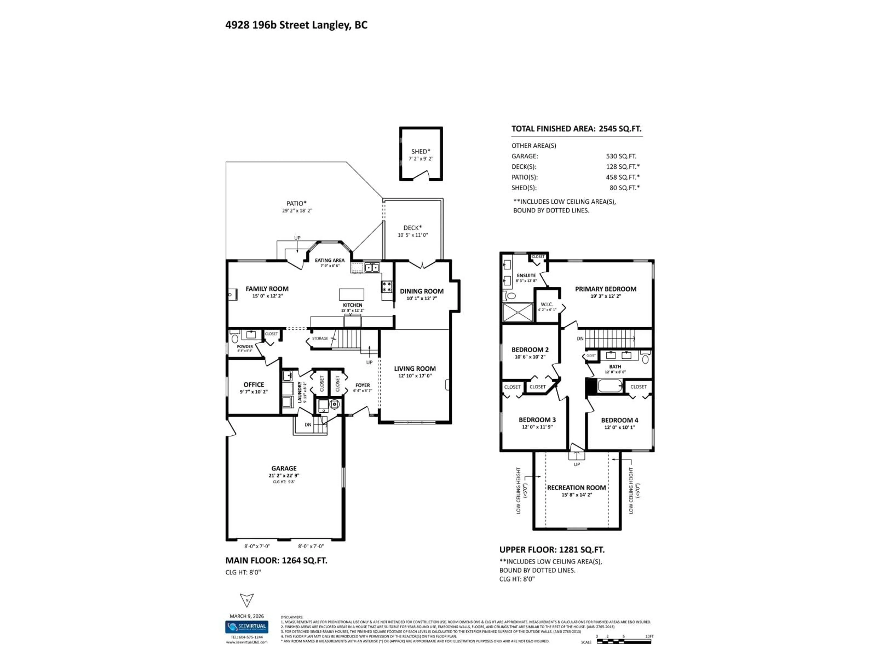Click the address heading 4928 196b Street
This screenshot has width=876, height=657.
coord(296,25)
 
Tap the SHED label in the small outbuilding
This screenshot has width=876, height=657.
coord(420,151)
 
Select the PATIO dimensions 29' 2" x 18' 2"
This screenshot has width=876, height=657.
coord(297,211)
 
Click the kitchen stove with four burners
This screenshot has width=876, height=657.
coord(387,287)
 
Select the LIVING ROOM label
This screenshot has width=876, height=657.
coord(415,368)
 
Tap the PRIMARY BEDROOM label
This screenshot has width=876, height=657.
coord(605,289)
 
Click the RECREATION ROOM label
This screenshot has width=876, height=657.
coord(576,488)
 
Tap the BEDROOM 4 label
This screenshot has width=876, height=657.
coord(619,420)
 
